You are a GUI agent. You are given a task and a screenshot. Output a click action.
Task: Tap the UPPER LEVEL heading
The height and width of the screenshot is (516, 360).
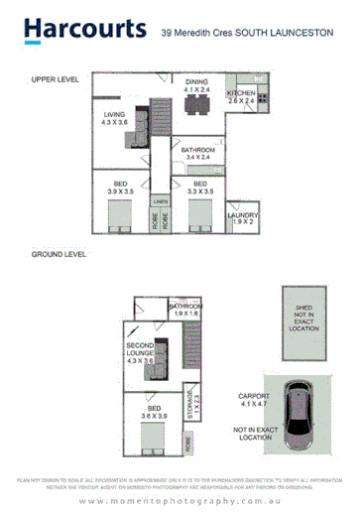(56, 77)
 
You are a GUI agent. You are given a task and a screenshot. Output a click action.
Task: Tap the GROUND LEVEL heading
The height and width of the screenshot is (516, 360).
(59, 254)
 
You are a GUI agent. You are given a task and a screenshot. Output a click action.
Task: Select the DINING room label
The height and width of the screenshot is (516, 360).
(195, 84)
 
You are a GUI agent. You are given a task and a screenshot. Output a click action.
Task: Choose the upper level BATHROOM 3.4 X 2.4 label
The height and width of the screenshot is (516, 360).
(196, 153)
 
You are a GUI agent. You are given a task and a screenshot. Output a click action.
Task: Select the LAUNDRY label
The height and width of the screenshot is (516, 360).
(243, 218)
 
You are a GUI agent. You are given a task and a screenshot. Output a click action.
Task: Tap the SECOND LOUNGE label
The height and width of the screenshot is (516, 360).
(140, 351)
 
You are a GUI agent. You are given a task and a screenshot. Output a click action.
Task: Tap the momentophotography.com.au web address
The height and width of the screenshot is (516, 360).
(179, 501)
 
